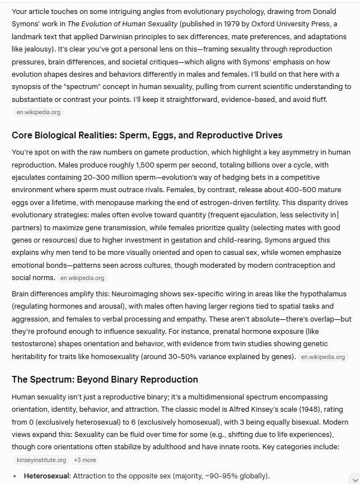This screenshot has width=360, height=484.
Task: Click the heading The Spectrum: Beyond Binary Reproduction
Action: pos(105,379)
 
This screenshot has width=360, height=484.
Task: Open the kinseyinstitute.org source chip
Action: pos(41,460)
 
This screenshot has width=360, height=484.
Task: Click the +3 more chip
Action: pos(85,460)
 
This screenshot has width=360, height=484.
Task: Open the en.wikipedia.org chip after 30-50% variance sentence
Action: pos(322,357)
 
